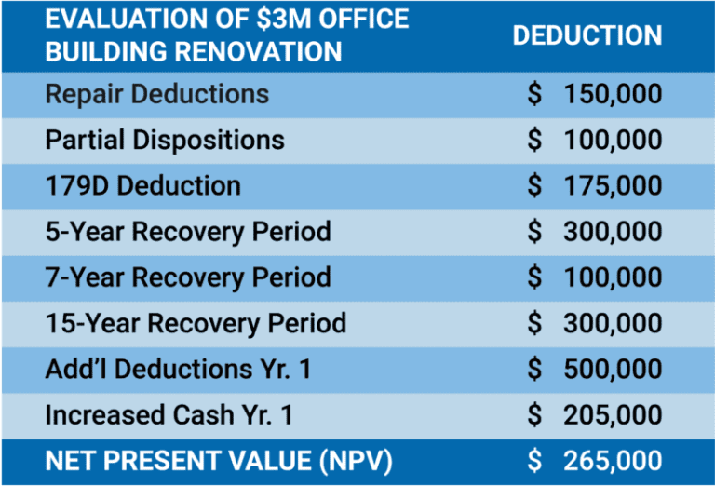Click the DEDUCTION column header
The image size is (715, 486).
click(x=587, y=35)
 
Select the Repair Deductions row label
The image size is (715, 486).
click(x=156, y=94)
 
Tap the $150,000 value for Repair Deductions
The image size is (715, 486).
click(x=594, y=94)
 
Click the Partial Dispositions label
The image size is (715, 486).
click(x=165, y=140)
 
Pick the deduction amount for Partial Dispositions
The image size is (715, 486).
click(x=594, y=140)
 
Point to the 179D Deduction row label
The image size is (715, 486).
click(x=142, y=185)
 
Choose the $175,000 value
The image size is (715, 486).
click(x=594, y=185)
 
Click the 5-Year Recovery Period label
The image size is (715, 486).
click(x=187, y=231)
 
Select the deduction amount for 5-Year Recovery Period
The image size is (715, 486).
click(x=594, y=231)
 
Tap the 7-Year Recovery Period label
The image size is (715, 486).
click(x=187, y=277)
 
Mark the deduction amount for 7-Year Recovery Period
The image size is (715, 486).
click(x=594, y=277)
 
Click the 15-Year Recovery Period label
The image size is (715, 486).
click(x=196, y=323)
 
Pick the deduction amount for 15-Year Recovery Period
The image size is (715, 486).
click(x=594, y=323)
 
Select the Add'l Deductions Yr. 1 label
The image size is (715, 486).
click(x=178, y=369)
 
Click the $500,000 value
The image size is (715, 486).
click(x=594, y=369)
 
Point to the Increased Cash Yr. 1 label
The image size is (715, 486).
click(x=169, y=414)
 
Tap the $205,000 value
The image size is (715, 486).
click(x=594, y=414)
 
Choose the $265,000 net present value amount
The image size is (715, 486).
click(x=594, y=460)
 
